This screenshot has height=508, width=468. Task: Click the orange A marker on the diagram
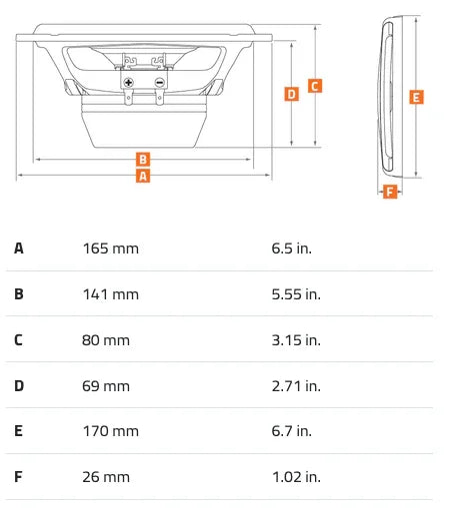(143, 176)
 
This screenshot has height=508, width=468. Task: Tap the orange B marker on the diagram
(143, 159)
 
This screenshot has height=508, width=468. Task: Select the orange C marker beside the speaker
(315, 86)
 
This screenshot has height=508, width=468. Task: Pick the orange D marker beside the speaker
(292, 94)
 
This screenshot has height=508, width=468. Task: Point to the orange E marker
(416, 97)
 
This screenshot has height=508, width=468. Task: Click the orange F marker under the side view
(390, 192)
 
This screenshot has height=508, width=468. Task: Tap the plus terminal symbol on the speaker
(128, 82)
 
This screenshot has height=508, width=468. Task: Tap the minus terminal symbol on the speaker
(160, 82)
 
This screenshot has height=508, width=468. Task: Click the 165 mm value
(110, 249)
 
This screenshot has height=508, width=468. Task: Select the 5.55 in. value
(296, 294)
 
